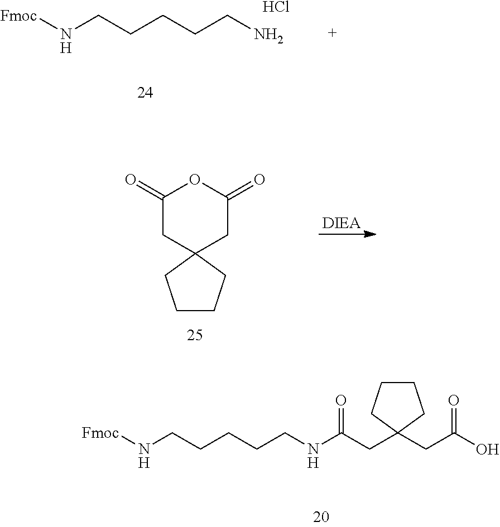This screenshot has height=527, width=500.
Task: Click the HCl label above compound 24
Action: coord(276,8)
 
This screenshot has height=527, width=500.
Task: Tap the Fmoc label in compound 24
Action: coord(18,16)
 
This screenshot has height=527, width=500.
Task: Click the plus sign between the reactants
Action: coord(332,33)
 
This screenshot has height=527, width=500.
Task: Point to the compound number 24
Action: coord(145,93)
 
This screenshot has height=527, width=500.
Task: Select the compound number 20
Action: coord(321,516)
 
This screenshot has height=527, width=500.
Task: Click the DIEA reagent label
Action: coord(341,223)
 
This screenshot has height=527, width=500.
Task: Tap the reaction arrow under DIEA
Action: coord(347,234)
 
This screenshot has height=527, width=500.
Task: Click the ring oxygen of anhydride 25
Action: coord(194,180)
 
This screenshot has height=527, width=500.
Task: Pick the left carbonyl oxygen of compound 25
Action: coord(131,180)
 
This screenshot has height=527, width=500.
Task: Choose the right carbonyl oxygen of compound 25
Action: coord(258,180)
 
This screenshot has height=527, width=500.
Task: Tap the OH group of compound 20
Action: coord(486,449)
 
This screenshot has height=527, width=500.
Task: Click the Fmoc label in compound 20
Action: coord(100,433)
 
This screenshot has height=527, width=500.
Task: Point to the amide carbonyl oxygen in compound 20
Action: coord(341,401)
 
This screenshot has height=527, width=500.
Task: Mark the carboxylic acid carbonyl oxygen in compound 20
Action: coord(454,401)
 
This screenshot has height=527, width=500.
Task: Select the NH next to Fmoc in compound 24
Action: coord(66,40)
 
